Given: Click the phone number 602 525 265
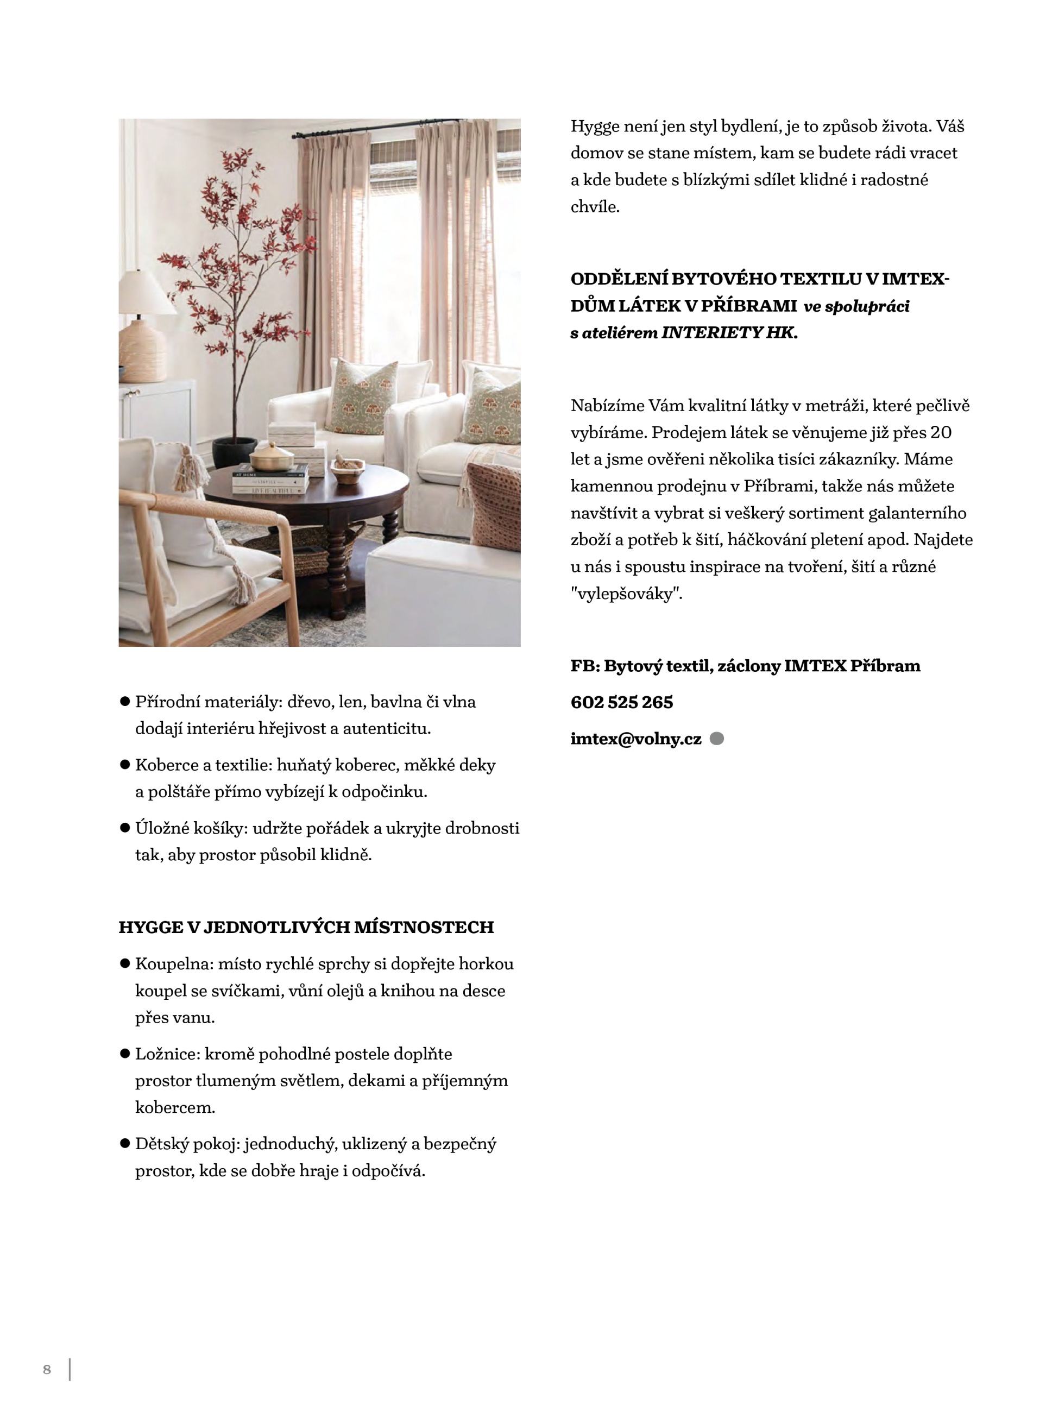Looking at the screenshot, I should click(621, 702).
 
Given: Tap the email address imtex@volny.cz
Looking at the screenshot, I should click(636, 739).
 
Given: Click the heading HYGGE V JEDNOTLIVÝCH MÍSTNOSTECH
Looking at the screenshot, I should click(306, 927).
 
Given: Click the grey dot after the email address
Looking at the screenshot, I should click(717, 739).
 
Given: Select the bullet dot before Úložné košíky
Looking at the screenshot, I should click(125, 828).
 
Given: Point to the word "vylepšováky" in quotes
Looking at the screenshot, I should click(626, 594).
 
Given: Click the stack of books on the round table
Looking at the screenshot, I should click(271, 481).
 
